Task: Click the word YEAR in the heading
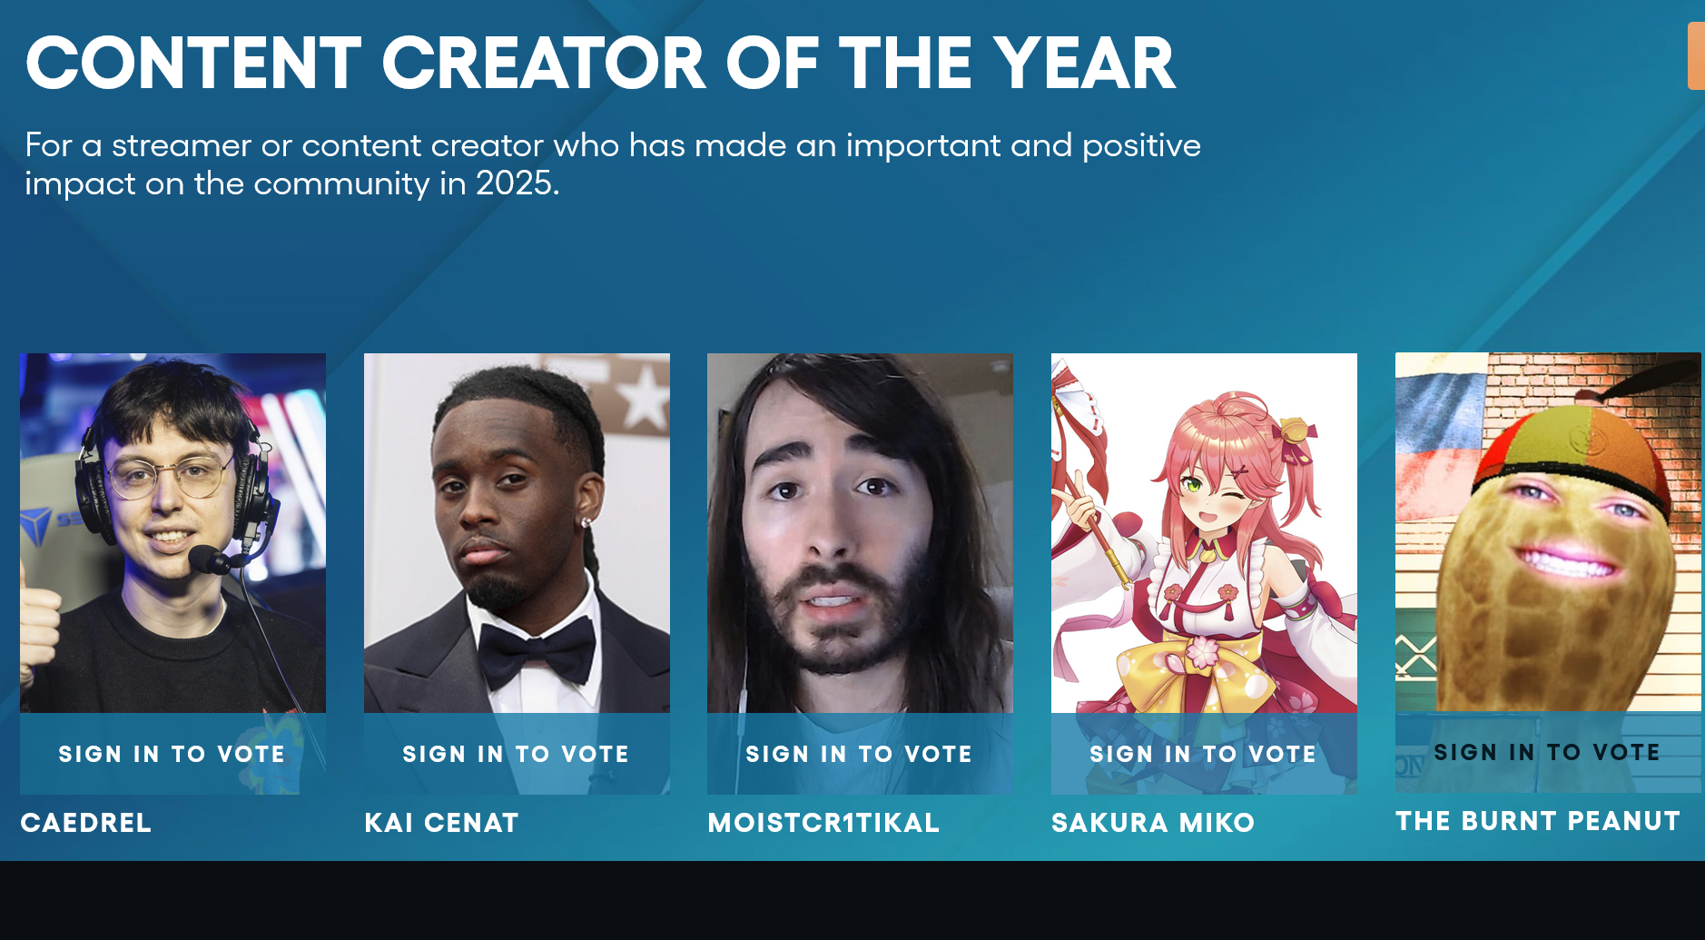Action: [x=1084, y=64]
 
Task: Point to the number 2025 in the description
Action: [x=514, y=183]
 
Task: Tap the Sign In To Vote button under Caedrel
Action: [x=172, y=754]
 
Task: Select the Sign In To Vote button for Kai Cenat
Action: [x=517, y=754]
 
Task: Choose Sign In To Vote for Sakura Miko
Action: [x=1204, y=754]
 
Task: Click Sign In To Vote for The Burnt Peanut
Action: [x=1548, y=752]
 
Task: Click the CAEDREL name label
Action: [x=86, y=823]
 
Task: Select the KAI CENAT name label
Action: [x=442, y=823]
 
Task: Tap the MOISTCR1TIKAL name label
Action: [x=823, y=823]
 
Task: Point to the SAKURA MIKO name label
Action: [x=1153, y=823]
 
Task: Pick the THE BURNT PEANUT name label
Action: [x=1538, y=821]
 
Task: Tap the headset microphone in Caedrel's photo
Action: [x=208, y=559]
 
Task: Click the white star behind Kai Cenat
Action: [x=644, y=399]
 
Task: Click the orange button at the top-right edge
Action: [x=1696, y=56]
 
